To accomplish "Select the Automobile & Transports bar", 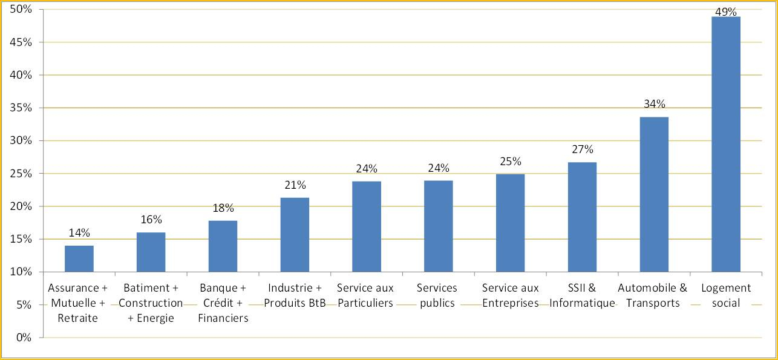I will coord(654,194).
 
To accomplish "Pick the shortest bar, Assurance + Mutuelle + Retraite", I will coord(79,258).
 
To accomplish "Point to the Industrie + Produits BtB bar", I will coord(295,234).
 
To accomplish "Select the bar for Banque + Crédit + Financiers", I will coord(223,246).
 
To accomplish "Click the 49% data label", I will coord(726,11).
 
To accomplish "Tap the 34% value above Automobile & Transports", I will coord(654,104).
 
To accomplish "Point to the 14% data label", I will coord(79,232).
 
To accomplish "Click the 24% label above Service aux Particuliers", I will coord(367,168).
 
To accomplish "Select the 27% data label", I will coord(582,149).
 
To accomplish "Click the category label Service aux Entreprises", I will coord(510,295).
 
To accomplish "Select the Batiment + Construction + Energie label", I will coord(151,303).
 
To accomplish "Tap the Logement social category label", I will coord(726,295).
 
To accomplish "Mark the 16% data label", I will coord(151,220).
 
